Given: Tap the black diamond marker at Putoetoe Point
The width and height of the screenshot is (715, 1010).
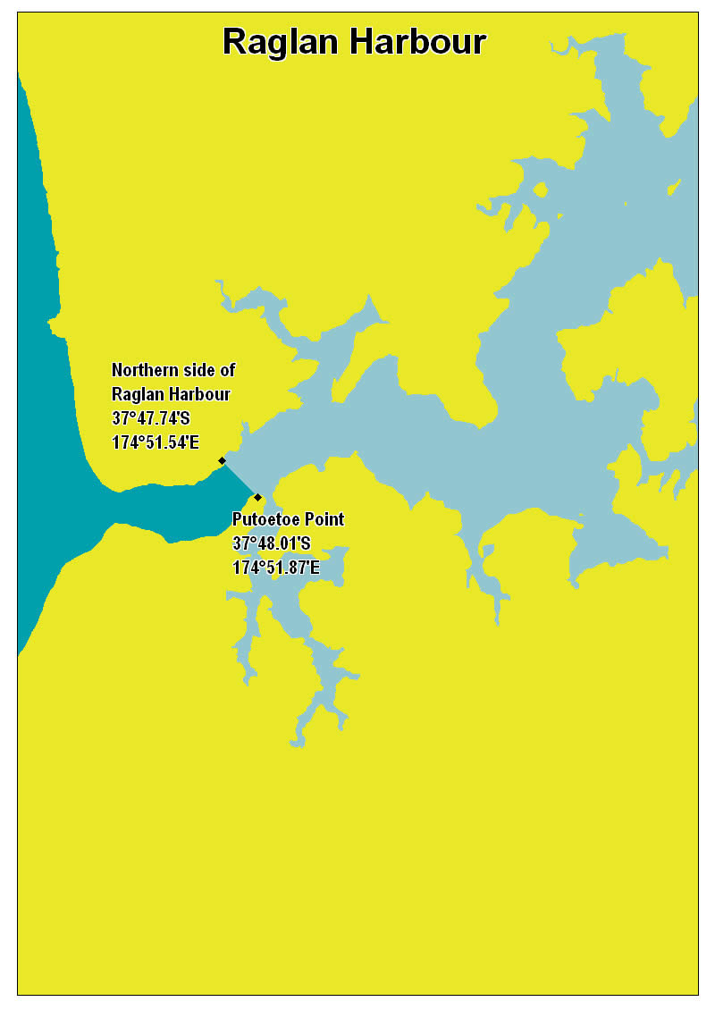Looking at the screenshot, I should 257,497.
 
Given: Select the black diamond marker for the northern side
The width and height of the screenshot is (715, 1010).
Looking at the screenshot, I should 222,461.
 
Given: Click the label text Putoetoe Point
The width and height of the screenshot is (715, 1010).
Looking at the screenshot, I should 288,519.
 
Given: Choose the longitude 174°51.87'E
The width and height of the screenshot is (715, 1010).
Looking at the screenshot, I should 276,567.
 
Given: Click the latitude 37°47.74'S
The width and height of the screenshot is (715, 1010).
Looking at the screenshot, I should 151,417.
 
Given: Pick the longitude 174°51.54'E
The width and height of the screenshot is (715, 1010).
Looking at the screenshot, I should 156,442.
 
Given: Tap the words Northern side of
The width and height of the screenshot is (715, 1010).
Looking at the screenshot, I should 173,370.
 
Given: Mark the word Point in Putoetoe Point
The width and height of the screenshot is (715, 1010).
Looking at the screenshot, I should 324,519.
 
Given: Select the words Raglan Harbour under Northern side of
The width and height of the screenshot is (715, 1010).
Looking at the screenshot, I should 171,394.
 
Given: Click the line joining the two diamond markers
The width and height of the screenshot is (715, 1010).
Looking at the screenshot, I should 240,479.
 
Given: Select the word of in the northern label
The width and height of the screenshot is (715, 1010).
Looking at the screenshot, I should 227,370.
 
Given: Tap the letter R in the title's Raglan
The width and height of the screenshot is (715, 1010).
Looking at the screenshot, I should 233,42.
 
